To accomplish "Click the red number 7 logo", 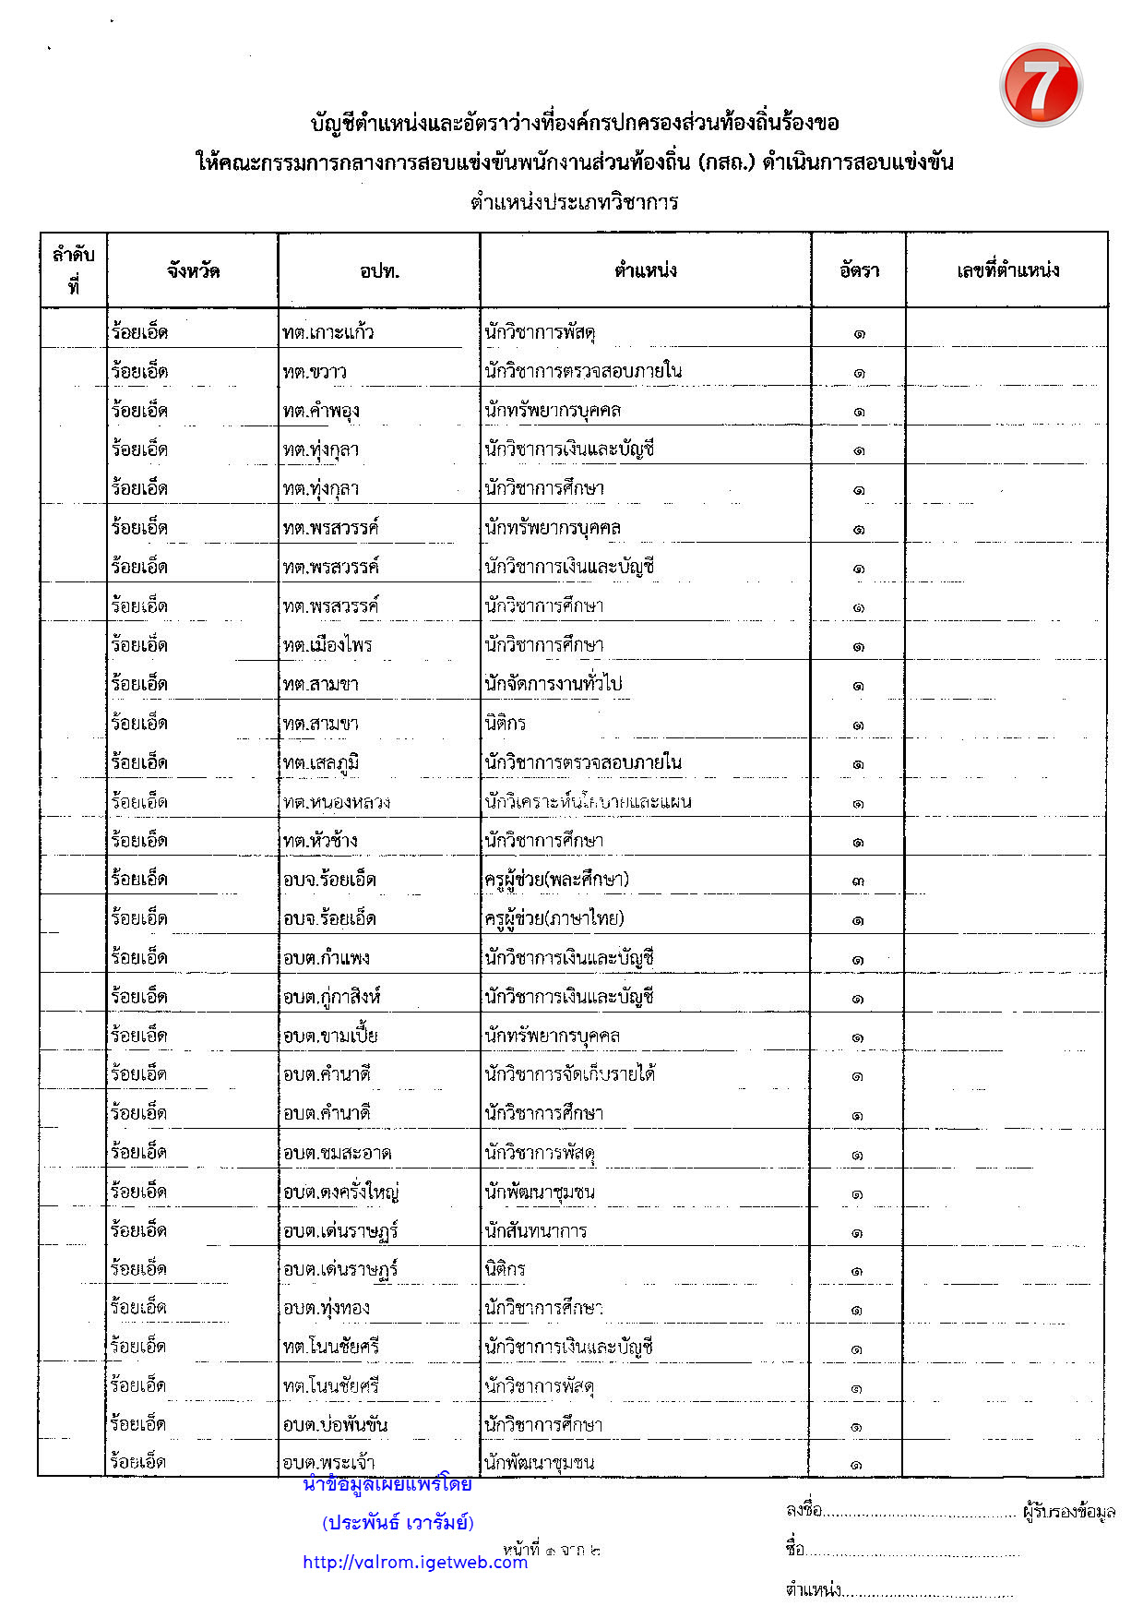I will click(x=1041, y=86).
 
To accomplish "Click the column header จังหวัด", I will click(x=193, y=271).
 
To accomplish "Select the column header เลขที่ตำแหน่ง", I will click(x=1007, y=270).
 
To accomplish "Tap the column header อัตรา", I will click(x=859, y=270).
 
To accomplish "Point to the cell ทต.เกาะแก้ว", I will click(x=328, y=332).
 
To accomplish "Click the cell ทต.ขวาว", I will click(x=315, y=372).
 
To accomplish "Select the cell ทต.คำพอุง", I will click(x=321, y=411).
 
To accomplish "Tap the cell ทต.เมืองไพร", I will click(x=327, y=645).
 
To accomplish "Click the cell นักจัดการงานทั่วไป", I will click(x=554, y=684).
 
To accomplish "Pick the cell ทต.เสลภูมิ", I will click(x=321, y=762).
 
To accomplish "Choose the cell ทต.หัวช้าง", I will click(x=320, y=841).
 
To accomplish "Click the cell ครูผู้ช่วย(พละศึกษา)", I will click(x=556, y=880).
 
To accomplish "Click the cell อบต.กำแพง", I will click(x=327, y=958).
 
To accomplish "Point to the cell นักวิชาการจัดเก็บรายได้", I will click(x=569, y=1074).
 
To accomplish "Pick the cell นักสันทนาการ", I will click(x=535, y=1230).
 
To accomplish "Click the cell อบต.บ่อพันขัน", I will click(x=335, y=1425).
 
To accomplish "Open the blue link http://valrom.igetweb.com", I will click(x=415, y=1562).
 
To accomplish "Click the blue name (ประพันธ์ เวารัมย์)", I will click(x=398, y=1523).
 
